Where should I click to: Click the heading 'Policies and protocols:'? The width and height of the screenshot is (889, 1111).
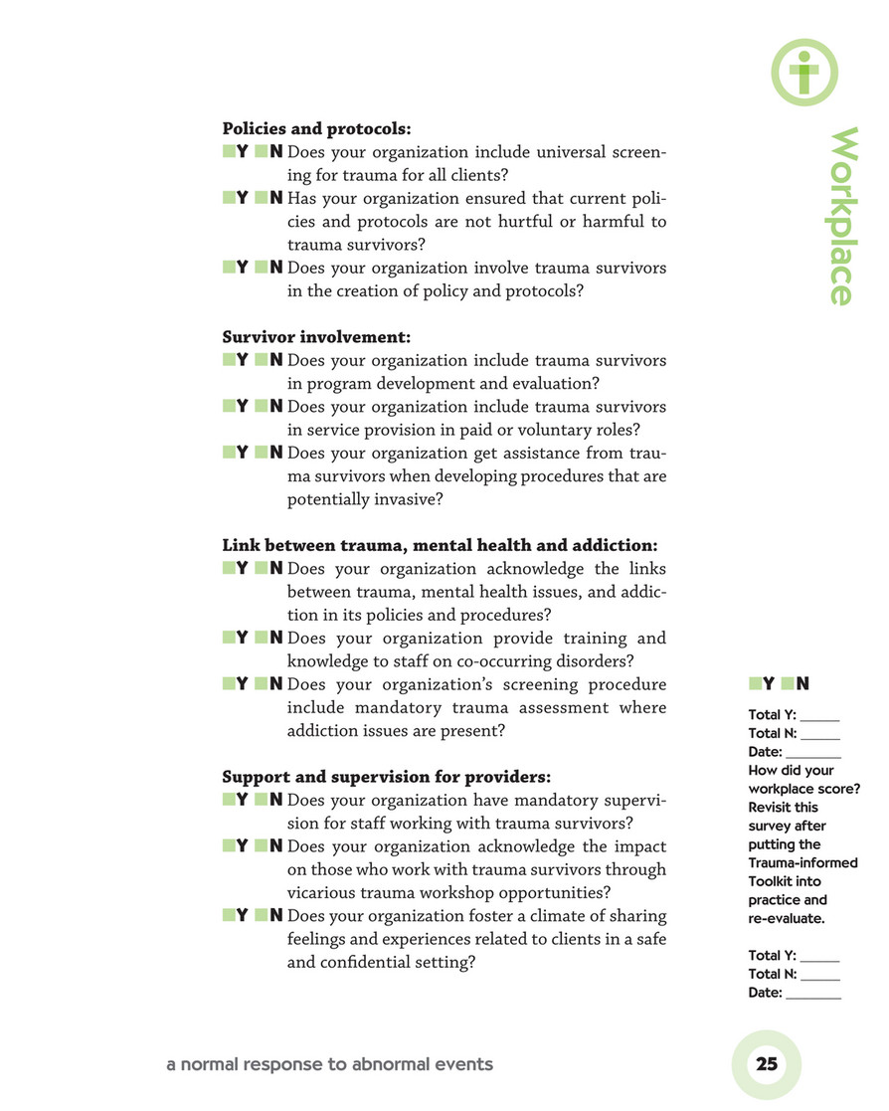[316, 128]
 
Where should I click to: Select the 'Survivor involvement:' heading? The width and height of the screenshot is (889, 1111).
[316, 337]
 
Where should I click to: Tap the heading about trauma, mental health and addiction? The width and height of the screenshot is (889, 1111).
[439, 545]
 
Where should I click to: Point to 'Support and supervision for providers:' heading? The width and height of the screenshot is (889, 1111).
[386, 776]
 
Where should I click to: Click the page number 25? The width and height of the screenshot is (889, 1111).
[767, 1064]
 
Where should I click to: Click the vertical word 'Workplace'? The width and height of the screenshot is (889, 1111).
[842, 216]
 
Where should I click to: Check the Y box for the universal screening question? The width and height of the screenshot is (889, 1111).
[229, 152]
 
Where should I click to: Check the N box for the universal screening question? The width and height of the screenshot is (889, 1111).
[261, 152]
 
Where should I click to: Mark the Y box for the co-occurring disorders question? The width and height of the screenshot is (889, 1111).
[229, 638]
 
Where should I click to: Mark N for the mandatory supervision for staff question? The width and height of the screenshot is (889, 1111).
[261, 800]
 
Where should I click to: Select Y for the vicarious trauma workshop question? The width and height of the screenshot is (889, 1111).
[229, 846]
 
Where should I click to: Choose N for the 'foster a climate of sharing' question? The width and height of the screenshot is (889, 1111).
[261, 915]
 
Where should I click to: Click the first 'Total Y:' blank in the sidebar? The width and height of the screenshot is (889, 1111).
[819, 715]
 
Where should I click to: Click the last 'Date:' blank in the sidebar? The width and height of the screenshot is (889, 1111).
[812, 993]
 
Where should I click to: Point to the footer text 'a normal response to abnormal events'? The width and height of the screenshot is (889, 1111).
[329, 1064]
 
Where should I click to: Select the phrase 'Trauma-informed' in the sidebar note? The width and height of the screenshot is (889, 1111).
[802, 862]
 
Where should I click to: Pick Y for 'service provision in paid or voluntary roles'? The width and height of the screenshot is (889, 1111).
[229, 407]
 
